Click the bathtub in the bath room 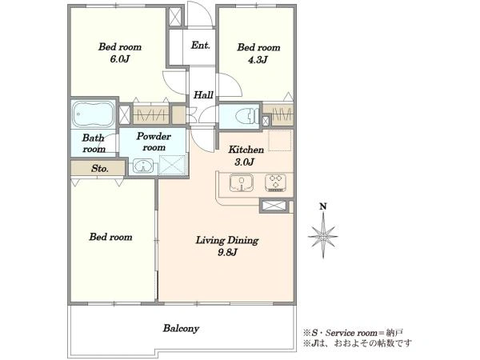coord(93,114)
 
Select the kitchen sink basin coord(242,182)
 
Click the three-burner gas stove coord(275,182)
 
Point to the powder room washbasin coord(143,166)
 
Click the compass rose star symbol coord(323,236)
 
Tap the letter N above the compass coord(323,206)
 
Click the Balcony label coord(181,329)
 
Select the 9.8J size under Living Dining coord(227,252)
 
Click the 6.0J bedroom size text coord(120,58)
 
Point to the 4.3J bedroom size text coord(258,59)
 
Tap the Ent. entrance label coord(201,46)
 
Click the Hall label coord(203,94)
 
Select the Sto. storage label coord(100,168)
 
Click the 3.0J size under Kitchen coord(244,162)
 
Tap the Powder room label coord(154,142)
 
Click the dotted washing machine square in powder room coord(173,165)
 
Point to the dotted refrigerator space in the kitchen coord(280,141)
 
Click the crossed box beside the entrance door coord(175,17)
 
